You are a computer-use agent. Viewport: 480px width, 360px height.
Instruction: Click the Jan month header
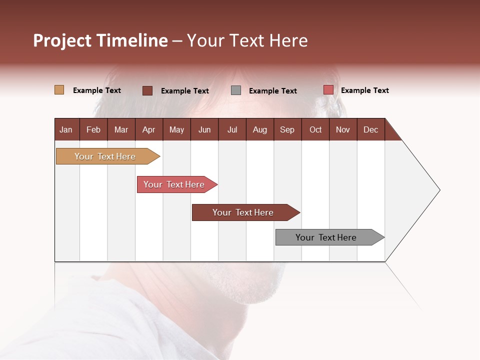pyautogui.click(x=66, y=129)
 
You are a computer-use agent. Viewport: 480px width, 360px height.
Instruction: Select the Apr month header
pyautogui.click(x=148, y=129)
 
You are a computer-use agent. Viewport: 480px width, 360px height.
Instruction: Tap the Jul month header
pyautogui.click(x=232, y=129)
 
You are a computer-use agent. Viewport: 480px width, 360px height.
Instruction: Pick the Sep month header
pyautogui.click(x=287, y=129)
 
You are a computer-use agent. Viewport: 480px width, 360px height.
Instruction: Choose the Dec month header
pyautogui.click(x=370, y=129)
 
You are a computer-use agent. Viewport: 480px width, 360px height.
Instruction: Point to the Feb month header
pyautogui.click(x=93, y=129)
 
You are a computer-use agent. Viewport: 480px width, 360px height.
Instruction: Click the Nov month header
pyautogui.click(x=343, y=129)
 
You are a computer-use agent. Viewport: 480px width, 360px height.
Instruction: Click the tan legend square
pyautogui.click(x=59, y=90)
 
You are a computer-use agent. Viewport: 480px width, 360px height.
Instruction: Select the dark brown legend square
pyautogui.click(x=147, y=90)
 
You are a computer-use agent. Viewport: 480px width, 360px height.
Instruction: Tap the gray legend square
pyautogui.click(x=236, y=90)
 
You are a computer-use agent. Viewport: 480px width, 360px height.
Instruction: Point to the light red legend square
pyautogui.click(x=328, y=90)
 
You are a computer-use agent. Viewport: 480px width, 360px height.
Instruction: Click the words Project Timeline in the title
pyautogui.click(x=100, y=40)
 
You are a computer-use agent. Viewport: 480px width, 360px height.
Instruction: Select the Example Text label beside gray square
pyautogui.click(x=272, y=91)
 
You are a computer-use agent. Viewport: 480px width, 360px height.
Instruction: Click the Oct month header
pyautogui.click(x=315, y=129)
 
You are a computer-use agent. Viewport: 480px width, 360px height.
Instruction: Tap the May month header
pyautogui.click(x=176, y=129)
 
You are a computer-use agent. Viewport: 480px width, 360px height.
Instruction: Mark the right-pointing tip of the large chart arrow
pyautogui.click(x=439, y=190)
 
